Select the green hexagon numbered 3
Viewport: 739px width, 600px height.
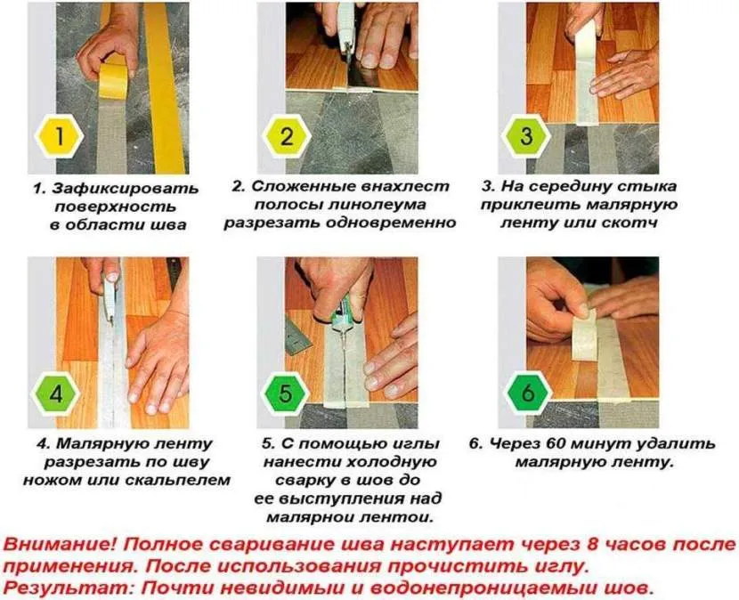tap(525, 135)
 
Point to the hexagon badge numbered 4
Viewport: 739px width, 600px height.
tap(56, 393)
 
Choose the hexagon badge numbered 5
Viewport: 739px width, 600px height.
tap(285, 393)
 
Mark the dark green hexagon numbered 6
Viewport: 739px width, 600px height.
tap(528, 393)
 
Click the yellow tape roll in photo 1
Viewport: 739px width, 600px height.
tap(113, 79)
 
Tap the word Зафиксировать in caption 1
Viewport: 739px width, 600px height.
tap(125, 189)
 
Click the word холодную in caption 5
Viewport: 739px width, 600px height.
tap(392, 462)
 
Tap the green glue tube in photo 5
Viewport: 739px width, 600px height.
tap(341, 320)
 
